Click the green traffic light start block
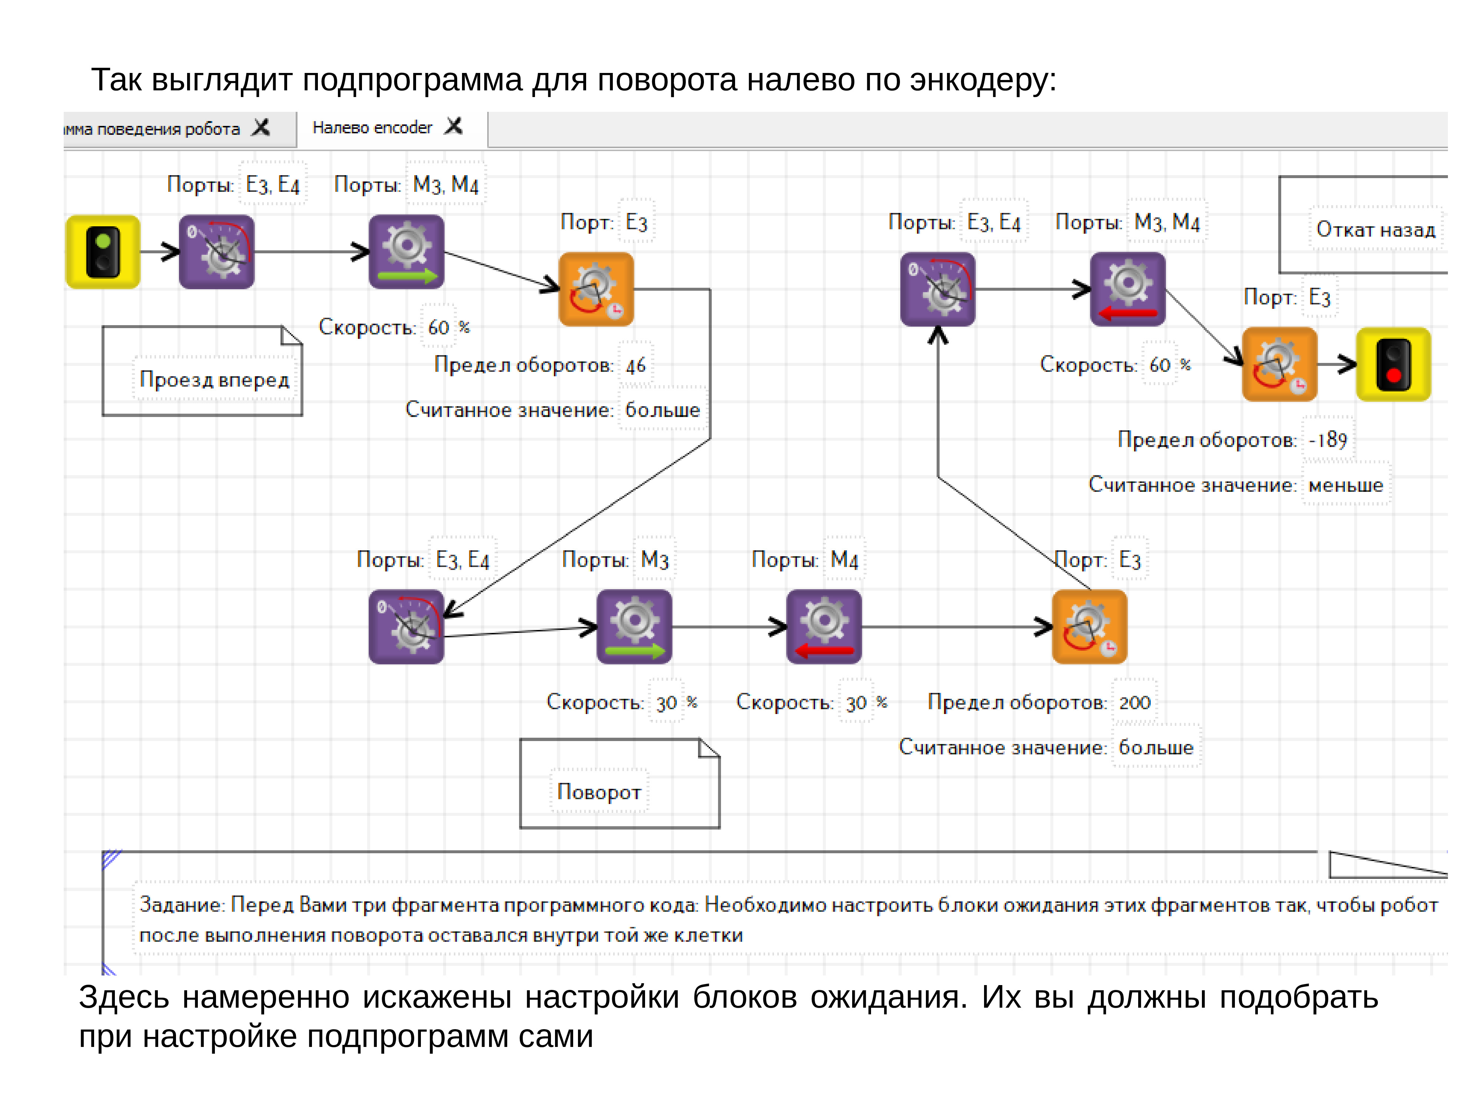point(103,252)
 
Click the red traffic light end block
point(1393,364)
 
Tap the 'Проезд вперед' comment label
point(215,380)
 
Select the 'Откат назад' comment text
point(1375,230)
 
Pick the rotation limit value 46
point(635,365)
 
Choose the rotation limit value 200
point(1134,703)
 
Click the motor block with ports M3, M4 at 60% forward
point(406,252)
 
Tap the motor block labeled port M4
point(823,627)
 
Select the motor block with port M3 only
point(634,627)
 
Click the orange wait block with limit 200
point(1089,627)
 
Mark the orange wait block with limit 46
point(596,289)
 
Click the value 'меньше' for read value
point(1345,485)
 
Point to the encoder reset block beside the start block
point(216,252)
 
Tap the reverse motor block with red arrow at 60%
point(1127,289)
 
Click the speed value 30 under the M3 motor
point(666,703)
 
